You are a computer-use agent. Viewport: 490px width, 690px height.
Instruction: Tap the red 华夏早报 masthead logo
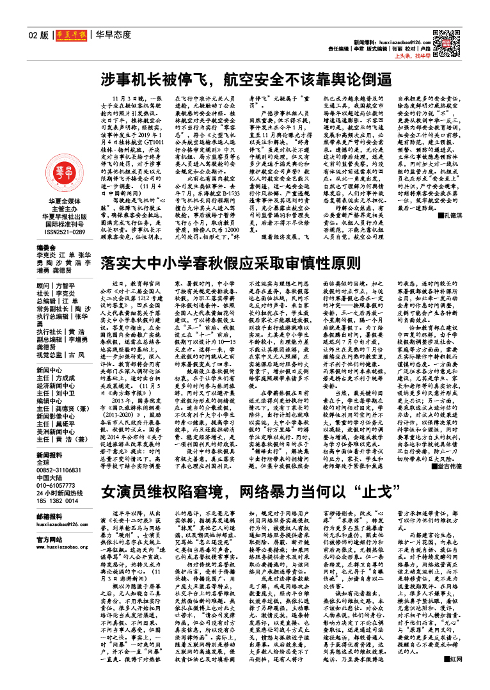click(70, 36)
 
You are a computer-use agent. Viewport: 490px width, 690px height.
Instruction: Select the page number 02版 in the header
click(38, 36)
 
